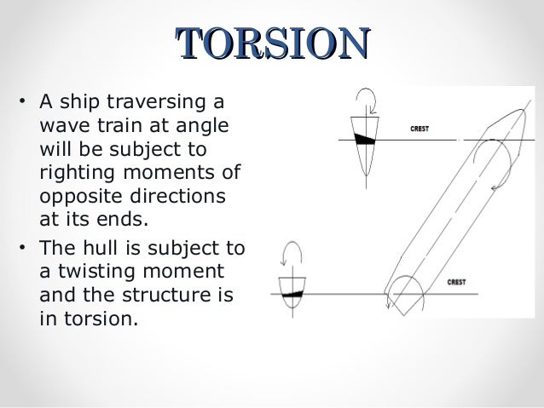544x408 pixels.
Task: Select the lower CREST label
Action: (x=456, y=282)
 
